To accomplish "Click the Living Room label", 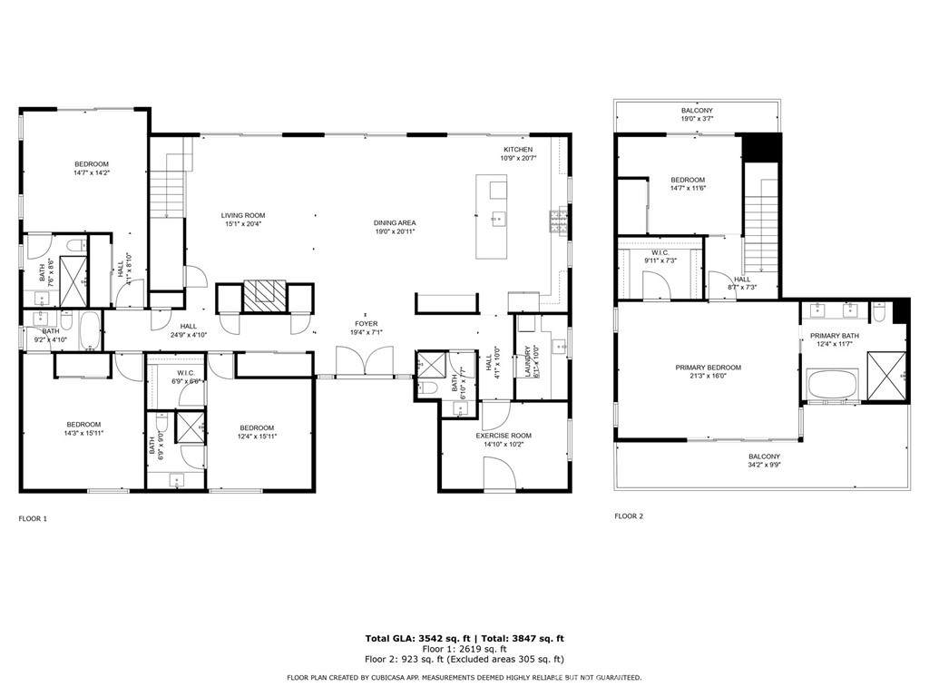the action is point(243,216).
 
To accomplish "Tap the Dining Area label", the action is point(395,223).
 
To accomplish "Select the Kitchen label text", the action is point(518,150).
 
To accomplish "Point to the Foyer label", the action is point(367,324).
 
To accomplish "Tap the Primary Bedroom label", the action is point(708,368).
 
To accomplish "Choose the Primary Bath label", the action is point(835,336).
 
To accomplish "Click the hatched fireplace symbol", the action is point(265,295).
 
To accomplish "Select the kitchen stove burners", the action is point(558,221).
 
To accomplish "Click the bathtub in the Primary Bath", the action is point(832,385).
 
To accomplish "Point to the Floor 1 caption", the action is point(33,518).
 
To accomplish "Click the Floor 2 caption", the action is point(629,516).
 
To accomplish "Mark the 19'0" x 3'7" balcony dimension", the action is point(697,119).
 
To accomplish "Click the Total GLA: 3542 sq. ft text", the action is point(417,638).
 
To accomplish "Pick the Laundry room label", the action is point(527,361).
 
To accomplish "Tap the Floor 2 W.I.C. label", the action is point(660,252).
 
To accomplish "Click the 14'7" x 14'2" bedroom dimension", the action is point(92,172).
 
